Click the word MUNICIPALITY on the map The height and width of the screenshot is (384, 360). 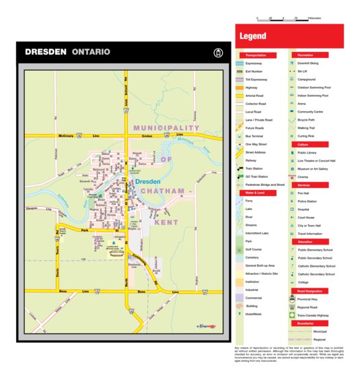point(166,127)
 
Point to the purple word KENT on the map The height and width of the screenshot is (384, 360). point(166,222)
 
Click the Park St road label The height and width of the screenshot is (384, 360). point(85,231)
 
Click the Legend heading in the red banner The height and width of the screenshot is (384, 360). point(253,36)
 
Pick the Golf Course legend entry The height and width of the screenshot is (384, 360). point(253,249)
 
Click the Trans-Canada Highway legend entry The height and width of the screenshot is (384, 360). point(313,315)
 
